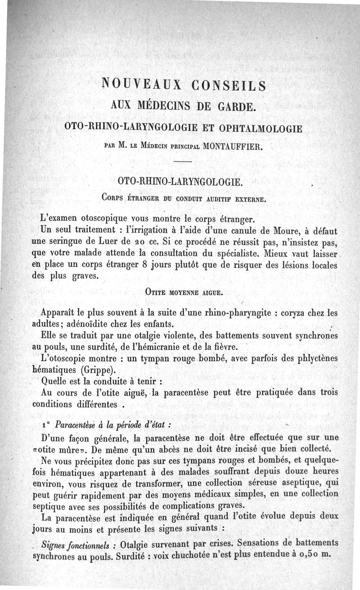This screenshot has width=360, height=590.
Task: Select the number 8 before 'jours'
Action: (139, 265)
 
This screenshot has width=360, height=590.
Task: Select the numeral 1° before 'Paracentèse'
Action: (45, 425)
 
